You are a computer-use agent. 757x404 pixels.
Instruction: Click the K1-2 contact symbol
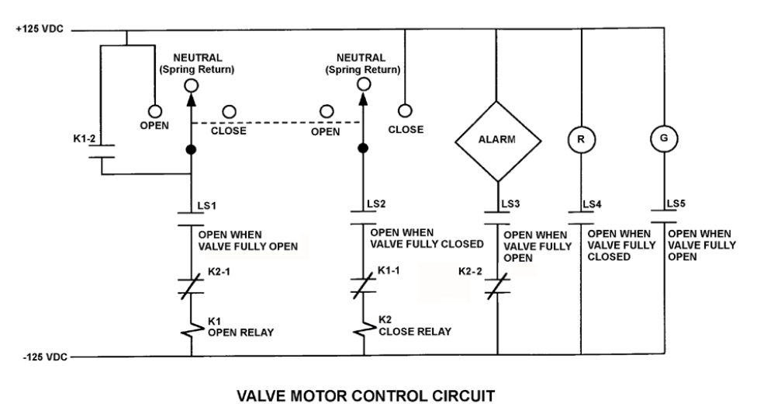102,151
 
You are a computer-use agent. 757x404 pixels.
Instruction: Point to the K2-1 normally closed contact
191,287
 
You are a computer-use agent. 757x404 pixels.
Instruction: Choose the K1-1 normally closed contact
364,285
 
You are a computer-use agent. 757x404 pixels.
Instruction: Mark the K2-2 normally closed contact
498,287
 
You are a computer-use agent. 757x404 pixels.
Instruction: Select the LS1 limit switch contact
191,219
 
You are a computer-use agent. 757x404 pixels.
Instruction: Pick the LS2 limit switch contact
364,218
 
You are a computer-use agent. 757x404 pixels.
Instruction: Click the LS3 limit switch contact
498,218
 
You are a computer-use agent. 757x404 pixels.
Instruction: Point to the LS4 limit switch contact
581,218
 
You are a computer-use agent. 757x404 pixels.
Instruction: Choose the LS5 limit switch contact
664,217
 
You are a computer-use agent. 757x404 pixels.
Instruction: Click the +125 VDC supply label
40,29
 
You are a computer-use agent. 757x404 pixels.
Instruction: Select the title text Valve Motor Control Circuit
366,395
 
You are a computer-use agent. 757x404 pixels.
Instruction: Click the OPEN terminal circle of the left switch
154,111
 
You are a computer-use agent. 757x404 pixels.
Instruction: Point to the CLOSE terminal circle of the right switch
405,111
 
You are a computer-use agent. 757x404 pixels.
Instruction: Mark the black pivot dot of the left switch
191,149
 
